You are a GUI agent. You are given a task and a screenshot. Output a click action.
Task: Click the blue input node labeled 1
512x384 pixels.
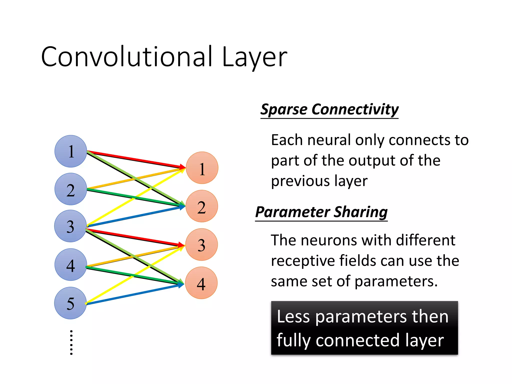point(71,151)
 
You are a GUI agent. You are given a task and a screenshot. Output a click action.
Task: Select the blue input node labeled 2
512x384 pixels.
point(71,189)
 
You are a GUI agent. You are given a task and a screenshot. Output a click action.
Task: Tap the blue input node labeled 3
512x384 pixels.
point(70,226)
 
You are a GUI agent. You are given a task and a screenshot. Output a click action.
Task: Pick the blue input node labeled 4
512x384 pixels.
point(71,264)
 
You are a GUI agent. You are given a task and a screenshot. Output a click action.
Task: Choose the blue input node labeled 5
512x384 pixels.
point(70,303)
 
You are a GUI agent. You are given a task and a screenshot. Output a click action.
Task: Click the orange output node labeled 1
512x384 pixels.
point(202,168)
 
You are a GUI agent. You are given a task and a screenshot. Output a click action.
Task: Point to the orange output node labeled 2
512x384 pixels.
point(202,206)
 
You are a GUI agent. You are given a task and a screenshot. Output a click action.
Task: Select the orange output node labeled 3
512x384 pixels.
point(201,244)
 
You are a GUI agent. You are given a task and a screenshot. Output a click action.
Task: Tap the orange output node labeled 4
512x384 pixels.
point(201,283)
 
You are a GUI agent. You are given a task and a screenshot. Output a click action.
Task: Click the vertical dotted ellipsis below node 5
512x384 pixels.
point(71,342)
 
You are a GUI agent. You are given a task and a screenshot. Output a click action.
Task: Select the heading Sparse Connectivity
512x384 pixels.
point(329,109)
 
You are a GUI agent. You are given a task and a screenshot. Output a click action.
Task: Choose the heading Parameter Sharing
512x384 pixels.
point(321,212)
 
